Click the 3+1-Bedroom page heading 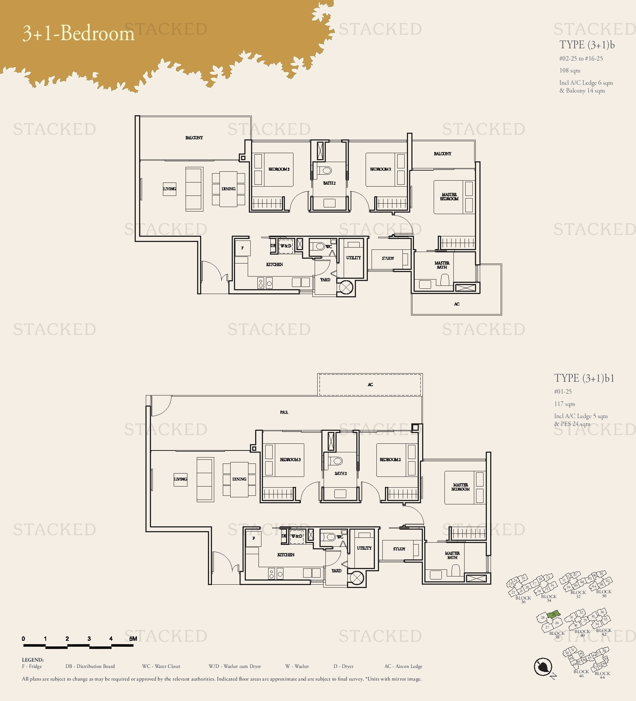pos(78,33)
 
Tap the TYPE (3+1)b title pos(587,45)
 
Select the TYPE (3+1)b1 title pos(584,378)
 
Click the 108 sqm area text pos(569,71)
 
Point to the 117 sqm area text pos(564,404)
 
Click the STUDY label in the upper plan pos(388,258)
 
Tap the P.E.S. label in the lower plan pos(284,412)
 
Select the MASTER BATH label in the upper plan pos(442,265)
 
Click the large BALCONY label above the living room pos(194,138)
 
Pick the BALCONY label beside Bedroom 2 pos(442,154)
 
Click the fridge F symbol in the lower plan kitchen pos(254,538)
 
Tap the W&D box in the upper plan pos(286,246)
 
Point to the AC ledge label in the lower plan pos(370,385)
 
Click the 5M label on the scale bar pos(133,639)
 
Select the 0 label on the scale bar pos(23,639)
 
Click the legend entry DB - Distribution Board pos(90,666)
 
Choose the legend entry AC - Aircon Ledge pos(403,666)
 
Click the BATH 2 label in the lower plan pos(340,474)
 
